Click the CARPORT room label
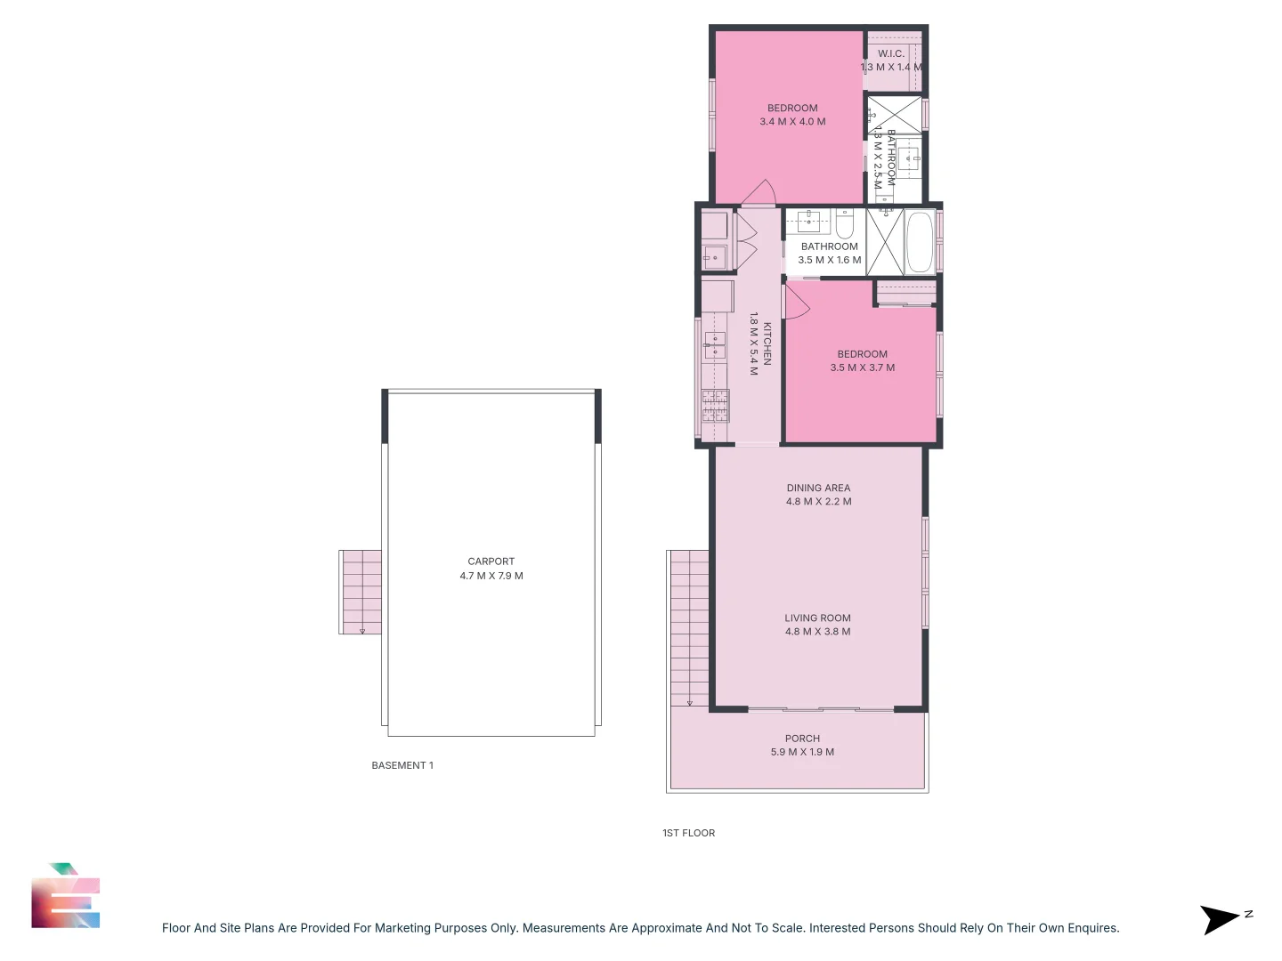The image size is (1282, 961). coord(491,561)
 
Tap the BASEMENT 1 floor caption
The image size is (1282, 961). coord(402,765)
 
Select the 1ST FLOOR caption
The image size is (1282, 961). coord(688,833)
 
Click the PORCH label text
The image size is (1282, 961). coord(802,739)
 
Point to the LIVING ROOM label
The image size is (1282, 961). coord(817,618)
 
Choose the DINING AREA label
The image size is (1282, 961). coord(818,488)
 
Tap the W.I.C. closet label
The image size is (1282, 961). coord(891,53)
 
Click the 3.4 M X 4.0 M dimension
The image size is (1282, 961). coord(792,122)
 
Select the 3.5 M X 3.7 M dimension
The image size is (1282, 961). coord(862,367)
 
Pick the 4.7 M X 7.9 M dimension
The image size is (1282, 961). coord(491,576)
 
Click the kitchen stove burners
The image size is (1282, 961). coord(715,406)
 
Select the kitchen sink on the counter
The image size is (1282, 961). coord(715,344)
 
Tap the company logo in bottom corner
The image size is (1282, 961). coord(65,897)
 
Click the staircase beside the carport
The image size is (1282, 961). coord(361,592)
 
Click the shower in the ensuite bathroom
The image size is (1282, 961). coord(895,115)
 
